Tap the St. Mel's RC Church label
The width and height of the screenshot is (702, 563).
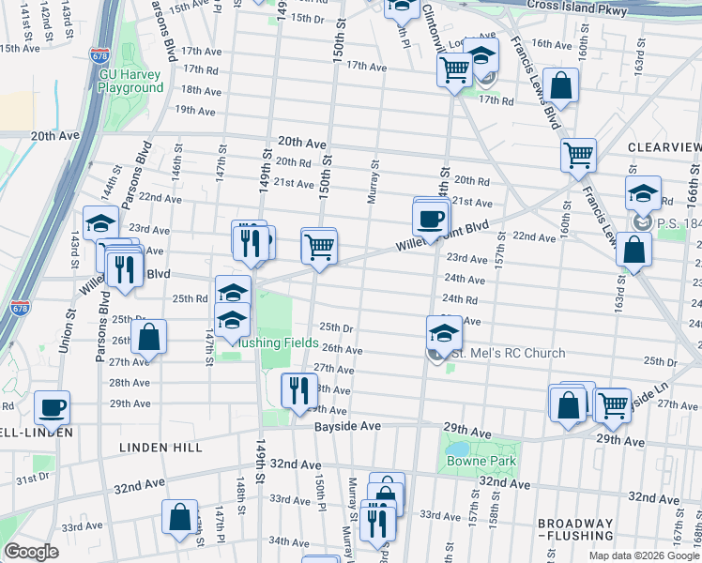point(509,354)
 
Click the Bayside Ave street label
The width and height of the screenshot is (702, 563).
point(346,425)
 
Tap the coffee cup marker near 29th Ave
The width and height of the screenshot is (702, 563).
point(52,407)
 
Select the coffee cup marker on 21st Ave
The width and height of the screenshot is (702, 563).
point(431,219)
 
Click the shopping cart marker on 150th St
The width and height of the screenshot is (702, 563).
point(319,247)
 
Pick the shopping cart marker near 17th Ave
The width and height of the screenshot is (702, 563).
point(455,68)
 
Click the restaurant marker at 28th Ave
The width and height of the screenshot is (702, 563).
point(298,389)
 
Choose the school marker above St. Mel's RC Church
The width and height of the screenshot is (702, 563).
point(444,331)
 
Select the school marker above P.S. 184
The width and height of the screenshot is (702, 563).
point(643,193)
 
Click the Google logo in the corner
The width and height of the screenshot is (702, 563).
point(31,552)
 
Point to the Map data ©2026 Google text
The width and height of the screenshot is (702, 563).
point(644,555)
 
